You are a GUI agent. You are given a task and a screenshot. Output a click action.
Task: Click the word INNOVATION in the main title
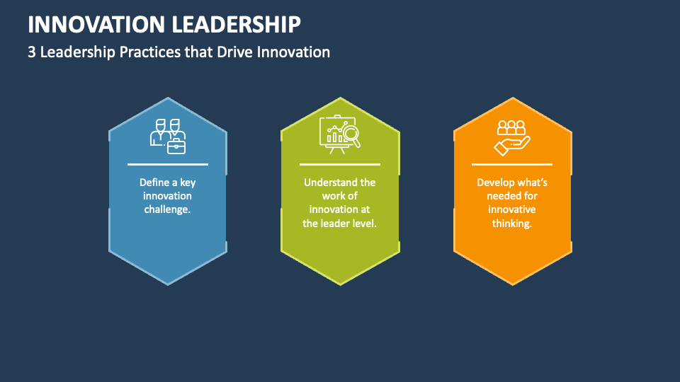click(x=96, y=24)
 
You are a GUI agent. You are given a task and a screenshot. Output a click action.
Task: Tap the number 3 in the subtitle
click(x=32, y=52)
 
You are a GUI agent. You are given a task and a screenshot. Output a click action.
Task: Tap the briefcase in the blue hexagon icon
click(x=176, y=146)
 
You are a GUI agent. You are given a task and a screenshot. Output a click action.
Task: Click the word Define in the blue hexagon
click(x=154, y=183)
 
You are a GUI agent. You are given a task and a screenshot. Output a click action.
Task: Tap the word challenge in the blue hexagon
click(x=168, y=209)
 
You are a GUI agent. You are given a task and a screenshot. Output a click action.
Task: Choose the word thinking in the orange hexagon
click(x=511, y=224)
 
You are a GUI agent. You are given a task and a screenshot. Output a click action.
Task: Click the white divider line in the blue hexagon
click(x=168, y=164)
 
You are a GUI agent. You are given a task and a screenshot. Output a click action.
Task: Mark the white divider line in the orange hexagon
click(x=511, y=164)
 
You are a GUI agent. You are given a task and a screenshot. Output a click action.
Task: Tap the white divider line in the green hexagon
click(x=340, y=164)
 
